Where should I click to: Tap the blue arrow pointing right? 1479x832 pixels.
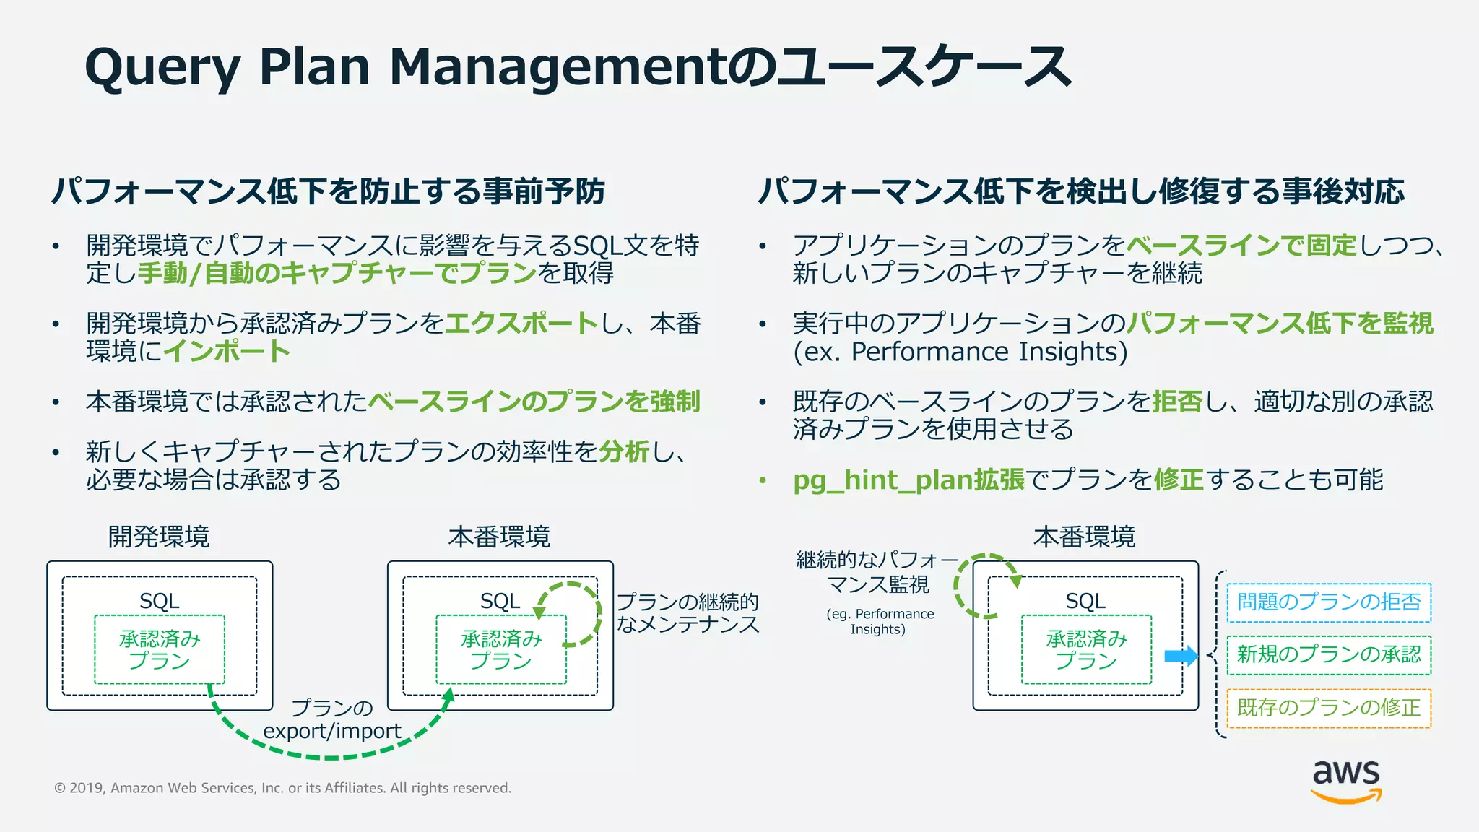pos(1181,656)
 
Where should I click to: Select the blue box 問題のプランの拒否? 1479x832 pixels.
pos(1329,602)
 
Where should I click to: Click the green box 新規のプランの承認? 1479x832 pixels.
pos(1329,655)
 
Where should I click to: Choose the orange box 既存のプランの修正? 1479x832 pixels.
pos(1329,708)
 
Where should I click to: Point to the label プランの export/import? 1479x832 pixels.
pos(332,719)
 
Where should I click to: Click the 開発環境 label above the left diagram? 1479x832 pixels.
pos(159,537)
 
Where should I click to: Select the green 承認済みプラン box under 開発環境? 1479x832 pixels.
pos(160,649)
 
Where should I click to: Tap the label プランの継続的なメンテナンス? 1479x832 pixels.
pos(688,613)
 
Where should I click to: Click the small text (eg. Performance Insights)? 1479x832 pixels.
pos(879,621)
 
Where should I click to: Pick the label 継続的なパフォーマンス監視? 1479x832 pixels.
pos(877,571)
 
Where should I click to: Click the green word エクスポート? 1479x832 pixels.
pos(522,324)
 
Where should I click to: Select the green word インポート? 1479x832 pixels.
pos(227,352)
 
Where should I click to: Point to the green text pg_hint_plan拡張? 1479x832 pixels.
pos(908,480)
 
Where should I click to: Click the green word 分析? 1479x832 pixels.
pos(625,452)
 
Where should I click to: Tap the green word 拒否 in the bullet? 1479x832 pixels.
pos(1177,402)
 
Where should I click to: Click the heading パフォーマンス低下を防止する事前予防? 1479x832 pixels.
pos(328,192)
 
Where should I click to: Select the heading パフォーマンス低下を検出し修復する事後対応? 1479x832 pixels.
pos(1081,192)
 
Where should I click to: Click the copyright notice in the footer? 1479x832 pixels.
pos(282,788)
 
